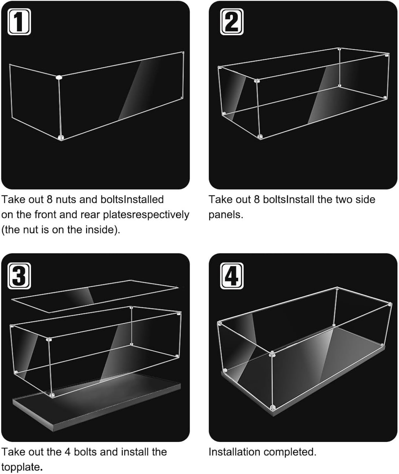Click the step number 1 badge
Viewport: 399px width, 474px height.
click(19, 22)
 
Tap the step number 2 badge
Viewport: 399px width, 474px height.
click(232, 22)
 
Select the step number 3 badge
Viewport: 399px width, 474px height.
click(19, 276)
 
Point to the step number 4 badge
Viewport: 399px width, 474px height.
click(232, 276)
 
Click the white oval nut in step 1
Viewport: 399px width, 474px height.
click(59, 77)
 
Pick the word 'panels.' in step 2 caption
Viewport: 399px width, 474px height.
click(226, 215)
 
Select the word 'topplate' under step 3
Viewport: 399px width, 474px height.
click(21, 467)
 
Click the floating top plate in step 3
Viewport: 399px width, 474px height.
click(95, 296)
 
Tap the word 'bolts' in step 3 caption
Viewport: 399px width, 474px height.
click(85, 452)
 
